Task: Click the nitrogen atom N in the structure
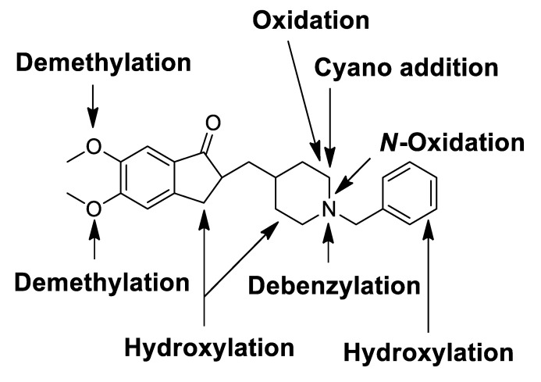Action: click(329, 207)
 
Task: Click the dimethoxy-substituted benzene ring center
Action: click(146, 178)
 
